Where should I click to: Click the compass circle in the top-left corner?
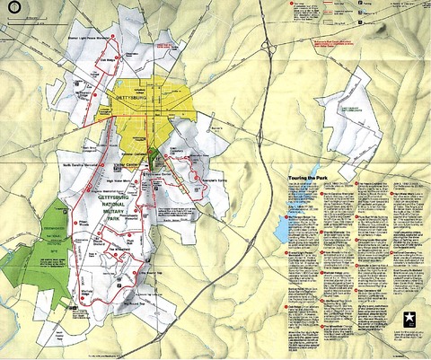[x=12, y=11]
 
